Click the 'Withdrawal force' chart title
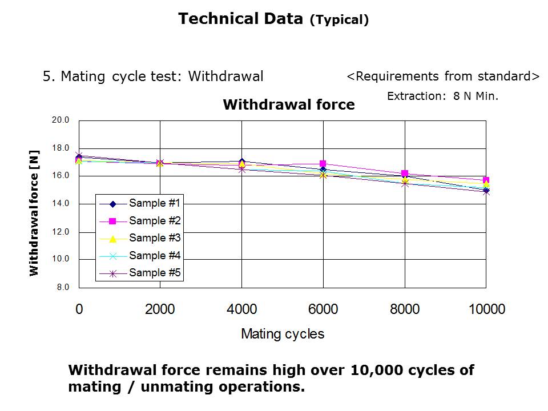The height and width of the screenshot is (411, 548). pos(288,105)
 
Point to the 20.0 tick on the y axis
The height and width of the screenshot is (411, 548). pos(60,120)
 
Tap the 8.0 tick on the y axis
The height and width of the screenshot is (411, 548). pos(62,287)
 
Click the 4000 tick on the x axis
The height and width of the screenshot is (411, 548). pos(241,309)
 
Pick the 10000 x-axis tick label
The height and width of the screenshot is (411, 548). pos(486,309)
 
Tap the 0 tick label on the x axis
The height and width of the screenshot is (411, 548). pos(79,309)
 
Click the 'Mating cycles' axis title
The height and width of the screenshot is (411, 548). pos(283,334)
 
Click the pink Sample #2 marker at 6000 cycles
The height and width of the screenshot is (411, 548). pos(323,164)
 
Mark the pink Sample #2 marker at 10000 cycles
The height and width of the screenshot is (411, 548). pos(486,180)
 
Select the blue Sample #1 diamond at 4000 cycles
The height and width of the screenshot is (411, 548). pos(242,162)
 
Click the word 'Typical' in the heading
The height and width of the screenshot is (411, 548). pos(339,21)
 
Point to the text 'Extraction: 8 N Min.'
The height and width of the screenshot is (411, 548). pos(442,96)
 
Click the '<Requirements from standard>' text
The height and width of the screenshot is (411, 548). pos(443,76)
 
